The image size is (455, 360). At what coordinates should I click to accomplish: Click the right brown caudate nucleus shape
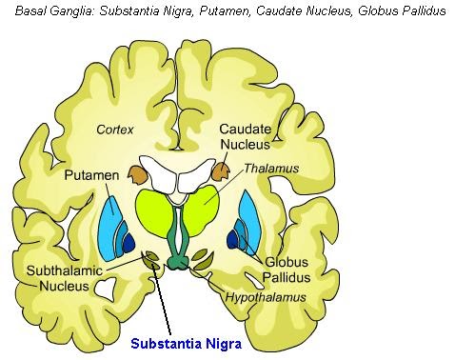[223, 172]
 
